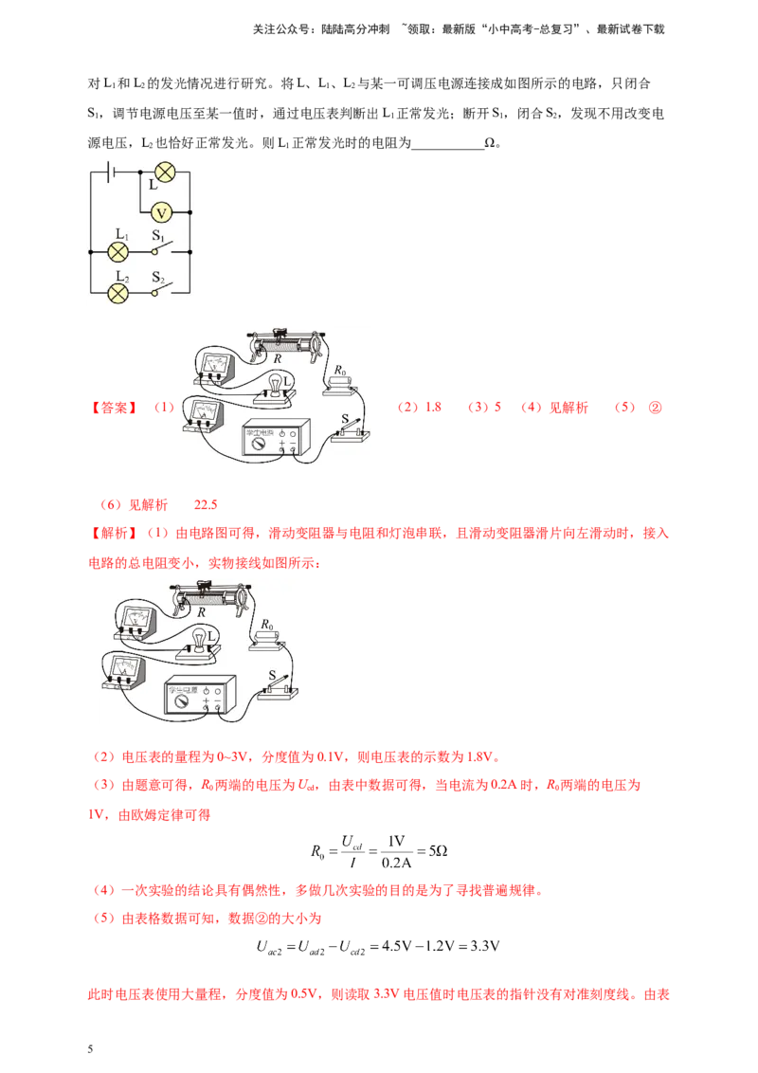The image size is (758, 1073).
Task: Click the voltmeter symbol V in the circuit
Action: [x=161, y=213]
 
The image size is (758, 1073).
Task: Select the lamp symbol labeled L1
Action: [x=118, y=252]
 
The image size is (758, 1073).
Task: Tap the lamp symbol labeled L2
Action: [x=118, y=293]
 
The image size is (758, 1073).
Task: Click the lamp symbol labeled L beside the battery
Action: [x=165, y=172]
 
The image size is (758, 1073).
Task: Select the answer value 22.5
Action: [x=206, y=505]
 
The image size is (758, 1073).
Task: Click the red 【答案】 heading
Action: [x=114, y=408]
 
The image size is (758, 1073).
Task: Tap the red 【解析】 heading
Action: [x=114, y=533]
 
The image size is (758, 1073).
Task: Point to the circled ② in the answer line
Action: [x=655, y=408]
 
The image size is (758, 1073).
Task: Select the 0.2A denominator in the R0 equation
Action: [x=396, y=863]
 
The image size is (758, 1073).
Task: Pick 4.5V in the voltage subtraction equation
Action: [x=396, y=946]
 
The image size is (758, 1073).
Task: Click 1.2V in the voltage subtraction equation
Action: [x=439, y=946]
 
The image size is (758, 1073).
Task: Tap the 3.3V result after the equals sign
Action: [x=485, y=946]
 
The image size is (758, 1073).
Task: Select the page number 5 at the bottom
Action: [x=90, y=1049]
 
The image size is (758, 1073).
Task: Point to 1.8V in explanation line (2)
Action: [x=479, y=756]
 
